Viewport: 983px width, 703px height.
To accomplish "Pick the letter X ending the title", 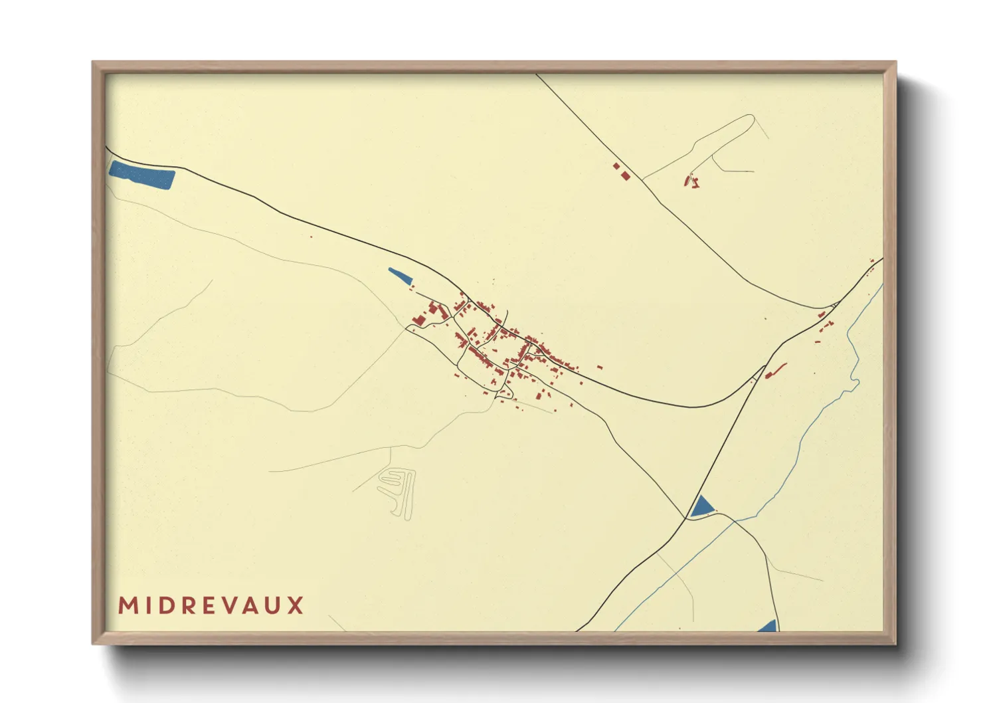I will (296, 606).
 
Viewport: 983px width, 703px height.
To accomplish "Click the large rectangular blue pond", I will (141, 175).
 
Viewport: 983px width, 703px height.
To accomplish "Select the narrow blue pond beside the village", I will (400, 274).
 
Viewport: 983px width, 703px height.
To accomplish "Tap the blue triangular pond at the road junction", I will (700, 507).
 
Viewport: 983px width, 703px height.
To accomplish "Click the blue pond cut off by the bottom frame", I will (768, 626).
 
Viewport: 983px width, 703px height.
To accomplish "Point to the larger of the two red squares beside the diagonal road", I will (625, 175).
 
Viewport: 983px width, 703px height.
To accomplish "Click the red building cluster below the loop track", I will (691, 181).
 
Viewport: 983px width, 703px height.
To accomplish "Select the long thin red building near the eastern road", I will (776, 369).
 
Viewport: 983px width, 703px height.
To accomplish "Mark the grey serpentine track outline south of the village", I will (397, 492).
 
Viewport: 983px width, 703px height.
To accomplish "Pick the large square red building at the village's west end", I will (419, 320).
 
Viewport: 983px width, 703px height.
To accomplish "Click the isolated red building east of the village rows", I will (600, 367).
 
